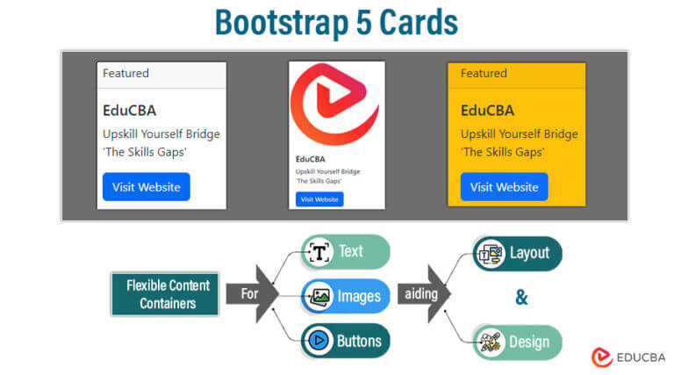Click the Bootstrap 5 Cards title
coord(336,24)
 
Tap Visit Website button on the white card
coord(146,187)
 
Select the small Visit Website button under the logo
coord(319,199)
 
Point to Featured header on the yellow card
coord(484,74)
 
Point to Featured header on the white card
coord(125,74)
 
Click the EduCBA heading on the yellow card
coord(487,111)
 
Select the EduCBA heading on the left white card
coord(129,111)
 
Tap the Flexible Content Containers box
coord(164,294)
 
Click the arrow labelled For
coord(252,293)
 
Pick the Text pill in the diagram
coord(345,252)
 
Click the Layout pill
coord(517,253)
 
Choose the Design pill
coord(517,342)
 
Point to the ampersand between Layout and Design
coord(521,298)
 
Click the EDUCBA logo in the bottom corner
coord(627,357)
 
